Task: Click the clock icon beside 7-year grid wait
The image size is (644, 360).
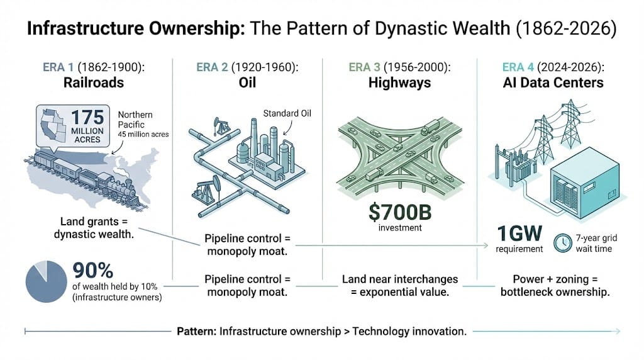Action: point(562,242)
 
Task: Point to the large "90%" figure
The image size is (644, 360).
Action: point(93,271)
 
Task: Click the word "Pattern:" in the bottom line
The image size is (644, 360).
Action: point(197,331)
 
